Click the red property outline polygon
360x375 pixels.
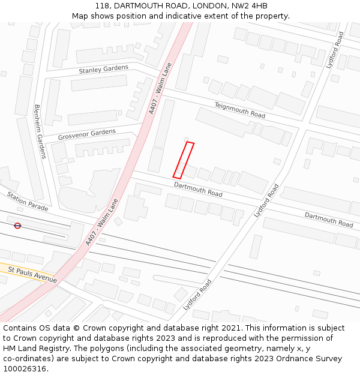click(x=184, y=160)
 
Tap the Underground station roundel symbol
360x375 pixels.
click(x=17, y=226)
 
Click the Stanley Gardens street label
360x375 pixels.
click(x=103, y=69)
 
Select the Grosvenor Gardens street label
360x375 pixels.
click(x=86, y=134)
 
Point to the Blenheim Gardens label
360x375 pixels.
click(x=40, y=131)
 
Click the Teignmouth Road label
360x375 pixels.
click(x=240, y=110)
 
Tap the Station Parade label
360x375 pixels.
click(x=28, y=202)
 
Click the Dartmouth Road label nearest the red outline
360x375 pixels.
click(x=198, y=190)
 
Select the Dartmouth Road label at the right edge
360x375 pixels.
click(x=329, y=220)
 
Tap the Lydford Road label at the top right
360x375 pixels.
click(x=335, y=50)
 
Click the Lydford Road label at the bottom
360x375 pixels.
click(x=197, y=296)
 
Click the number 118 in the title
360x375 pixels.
click(x=101, y=6)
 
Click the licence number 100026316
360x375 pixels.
click(x=26, y=369)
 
